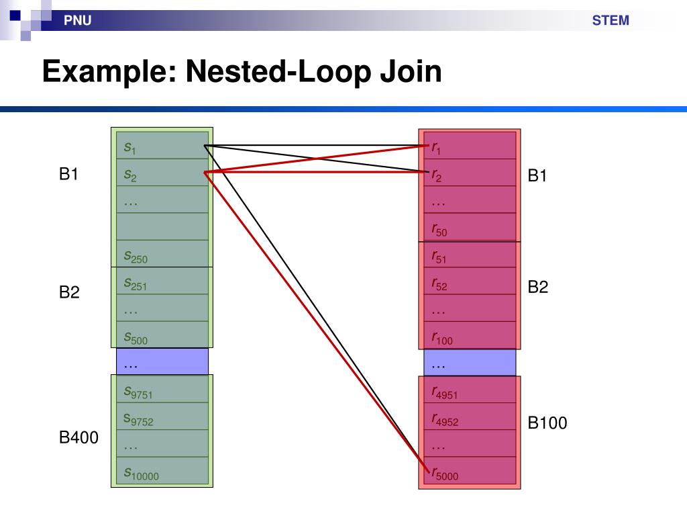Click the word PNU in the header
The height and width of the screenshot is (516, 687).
pos(77,21)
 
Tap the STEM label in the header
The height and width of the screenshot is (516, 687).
pos(610,20)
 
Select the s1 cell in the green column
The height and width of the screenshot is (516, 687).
pos(162,146)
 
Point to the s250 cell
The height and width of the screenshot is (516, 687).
pos(162,255)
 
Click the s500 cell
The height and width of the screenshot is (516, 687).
pos(162,335)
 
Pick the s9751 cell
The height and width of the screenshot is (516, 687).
pos(162,390)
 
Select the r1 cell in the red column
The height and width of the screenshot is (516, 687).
pos(470,146)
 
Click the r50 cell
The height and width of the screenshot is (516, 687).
pos(470,228)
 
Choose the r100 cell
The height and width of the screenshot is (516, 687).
pos(470,336)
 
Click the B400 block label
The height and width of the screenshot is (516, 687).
pos(78,438)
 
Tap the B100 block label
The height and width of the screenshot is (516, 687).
pos(547,423)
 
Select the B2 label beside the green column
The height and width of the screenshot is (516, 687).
pos(69,292)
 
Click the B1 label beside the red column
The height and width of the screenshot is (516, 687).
pos(538,176)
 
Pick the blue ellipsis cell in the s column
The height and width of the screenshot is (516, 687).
pos(162,363)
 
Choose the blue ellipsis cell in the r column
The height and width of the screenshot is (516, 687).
pos(470,363)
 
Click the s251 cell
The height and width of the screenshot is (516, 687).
pos(162,282)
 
